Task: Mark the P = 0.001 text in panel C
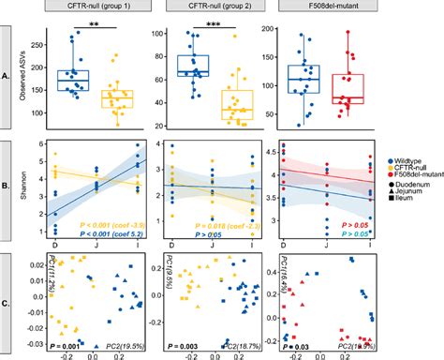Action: [70, 345]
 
